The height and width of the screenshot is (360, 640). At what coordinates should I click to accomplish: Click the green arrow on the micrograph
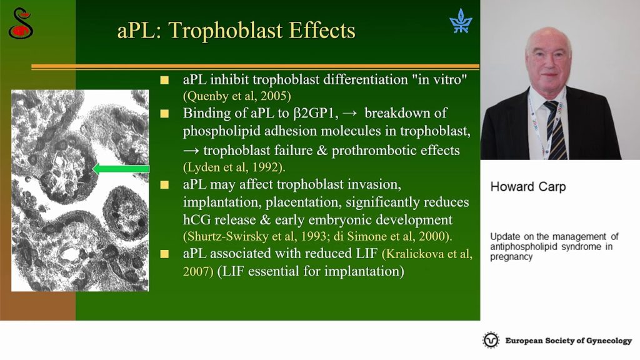[121, 169]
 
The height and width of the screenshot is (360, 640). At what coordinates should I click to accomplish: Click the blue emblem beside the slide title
[461, 21]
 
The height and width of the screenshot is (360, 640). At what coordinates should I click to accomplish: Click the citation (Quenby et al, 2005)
[237, 96]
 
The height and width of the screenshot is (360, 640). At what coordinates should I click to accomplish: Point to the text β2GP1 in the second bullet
[316, 113]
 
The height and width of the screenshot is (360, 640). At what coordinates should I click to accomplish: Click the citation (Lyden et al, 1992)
[234, 167]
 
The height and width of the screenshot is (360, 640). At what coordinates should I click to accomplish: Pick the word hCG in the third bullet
[197, 219]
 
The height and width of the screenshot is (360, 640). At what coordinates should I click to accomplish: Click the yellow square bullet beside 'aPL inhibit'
[164, 80]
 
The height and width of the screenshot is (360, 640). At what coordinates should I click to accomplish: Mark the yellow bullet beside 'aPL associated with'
[164, 254]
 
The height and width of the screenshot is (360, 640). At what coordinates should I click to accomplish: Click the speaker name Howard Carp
[528, 187]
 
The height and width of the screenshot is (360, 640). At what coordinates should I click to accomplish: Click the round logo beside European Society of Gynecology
[491, 340]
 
